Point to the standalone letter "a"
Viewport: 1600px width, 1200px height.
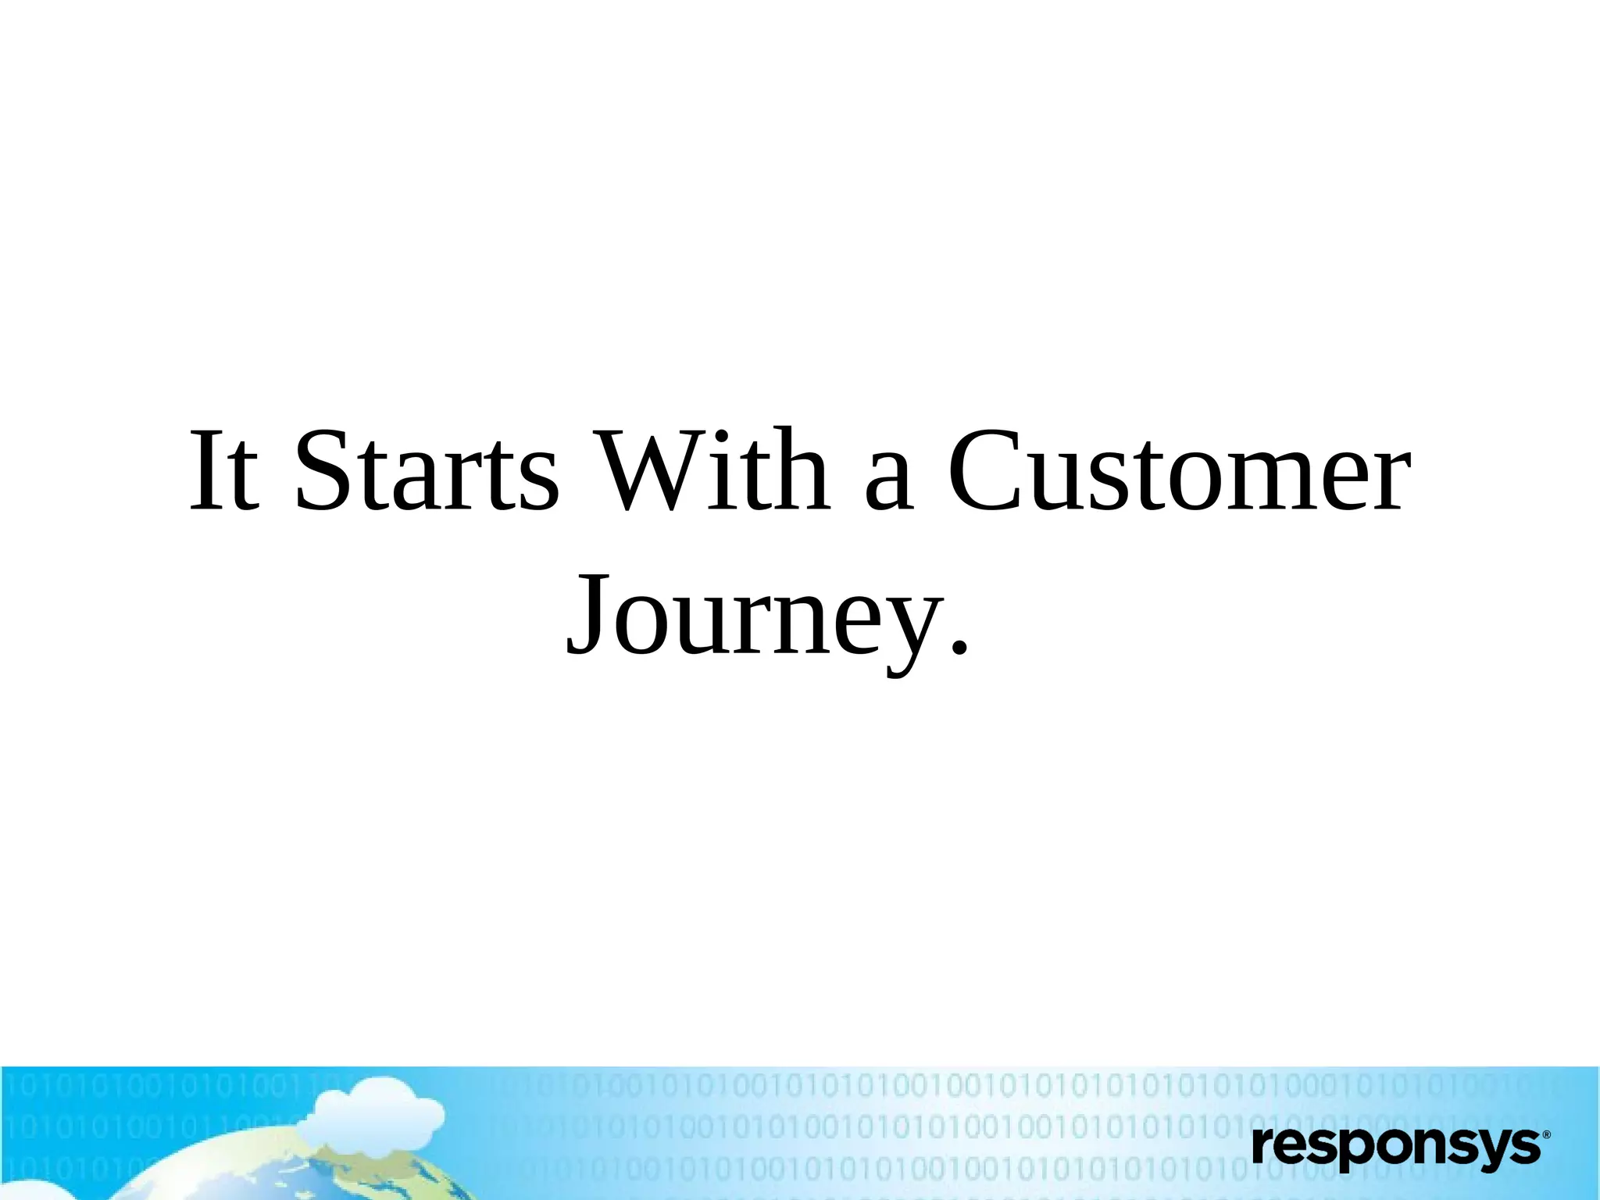tap(889, 480)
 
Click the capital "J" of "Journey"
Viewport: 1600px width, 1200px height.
tap(587, 613)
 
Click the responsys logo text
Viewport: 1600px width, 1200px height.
tap(1395, 1147)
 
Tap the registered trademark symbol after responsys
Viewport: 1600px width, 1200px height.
tap(1546, 1134)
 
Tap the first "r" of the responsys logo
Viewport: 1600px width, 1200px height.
tap(1263, 1147)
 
